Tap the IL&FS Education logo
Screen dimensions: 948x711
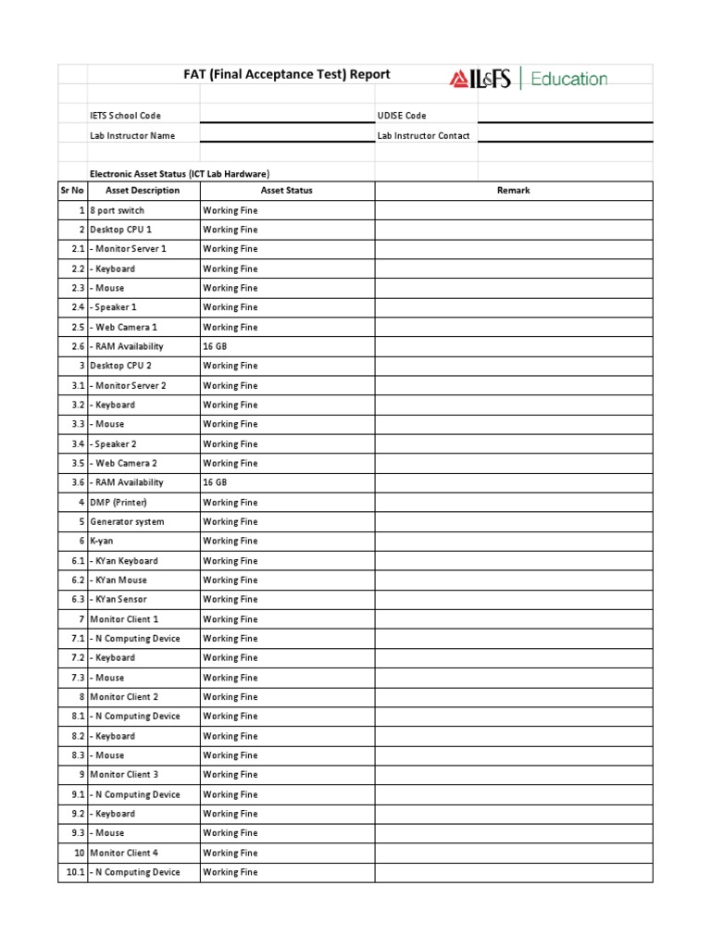tap(529, 80)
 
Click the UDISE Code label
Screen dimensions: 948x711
tap(402, 116)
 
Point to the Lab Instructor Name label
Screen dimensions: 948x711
tap(132, 135)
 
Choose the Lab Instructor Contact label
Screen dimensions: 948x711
tap(423, 135)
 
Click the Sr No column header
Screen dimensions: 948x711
tap(72, 191)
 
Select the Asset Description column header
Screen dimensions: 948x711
tap(143, 191)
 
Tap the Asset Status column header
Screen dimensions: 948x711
tap(287, 191)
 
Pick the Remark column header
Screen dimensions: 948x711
tap(513, 191)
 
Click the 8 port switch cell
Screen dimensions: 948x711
tap(117, 211)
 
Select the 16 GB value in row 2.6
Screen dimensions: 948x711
tap(215, 346)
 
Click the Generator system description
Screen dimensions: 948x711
tap(127, 522)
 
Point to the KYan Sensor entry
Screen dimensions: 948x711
tap(118, 600)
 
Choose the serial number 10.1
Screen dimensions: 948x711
tap(74, 872)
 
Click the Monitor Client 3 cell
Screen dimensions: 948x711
tap(124, 775)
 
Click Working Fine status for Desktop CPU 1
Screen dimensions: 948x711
tap(231, 230)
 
